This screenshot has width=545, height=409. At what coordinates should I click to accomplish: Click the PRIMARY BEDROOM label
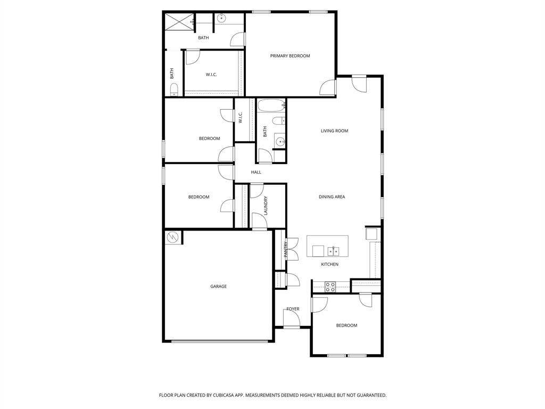(x=290, y=55)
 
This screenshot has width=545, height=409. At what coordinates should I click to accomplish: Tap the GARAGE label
(x=218, y=286)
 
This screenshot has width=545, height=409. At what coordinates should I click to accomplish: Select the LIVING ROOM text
(x=334, y=131)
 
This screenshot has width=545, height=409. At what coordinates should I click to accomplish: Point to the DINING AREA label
(x=332, y=197)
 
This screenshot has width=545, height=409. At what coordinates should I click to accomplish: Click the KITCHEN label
(x=329, y=264)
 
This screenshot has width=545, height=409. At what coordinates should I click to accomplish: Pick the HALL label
(x=256, y=172)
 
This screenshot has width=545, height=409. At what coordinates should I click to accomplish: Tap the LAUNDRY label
(x=266, y=206)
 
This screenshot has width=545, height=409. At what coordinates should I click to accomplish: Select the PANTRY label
(x=286, y=249)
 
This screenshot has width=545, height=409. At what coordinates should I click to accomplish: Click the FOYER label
(x=293, y=309)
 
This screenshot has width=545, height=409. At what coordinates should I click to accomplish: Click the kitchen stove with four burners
(x=330, y=287)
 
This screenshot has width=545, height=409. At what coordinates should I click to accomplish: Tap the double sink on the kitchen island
(x=333, y=251)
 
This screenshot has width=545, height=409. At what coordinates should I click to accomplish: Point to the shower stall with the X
(x=179, y=22)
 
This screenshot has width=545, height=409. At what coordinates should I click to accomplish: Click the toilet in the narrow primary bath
(x=174, y=89)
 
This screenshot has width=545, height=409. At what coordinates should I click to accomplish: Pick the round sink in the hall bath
(x=280, y=142)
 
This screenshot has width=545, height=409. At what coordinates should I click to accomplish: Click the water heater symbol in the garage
(x=172, y=238)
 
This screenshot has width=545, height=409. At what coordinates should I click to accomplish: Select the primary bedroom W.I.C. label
(x=211, y=75)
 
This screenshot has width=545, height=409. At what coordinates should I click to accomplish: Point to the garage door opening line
(x=219, y=341)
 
